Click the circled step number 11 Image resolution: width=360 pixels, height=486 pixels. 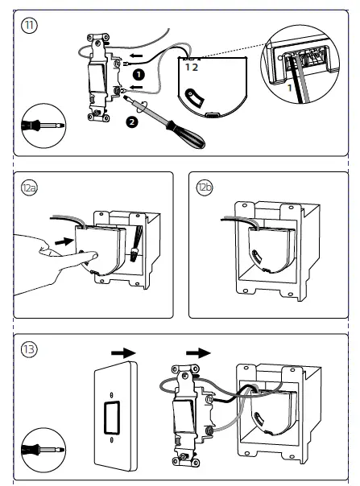pos(29,26)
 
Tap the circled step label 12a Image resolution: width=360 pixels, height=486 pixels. pos(29,187)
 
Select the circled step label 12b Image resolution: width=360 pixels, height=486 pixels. pos(205,187)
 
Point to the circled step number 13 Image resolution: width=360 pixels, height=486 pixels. pos(29,349)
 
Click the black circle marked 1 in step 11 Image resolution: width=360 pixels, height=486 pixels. pos(139,75)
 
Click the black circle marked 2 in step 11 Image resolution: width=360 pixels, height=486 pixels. pos(132,121)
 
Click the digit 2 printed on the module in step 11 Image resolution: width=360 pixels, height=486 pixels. pos(195,68)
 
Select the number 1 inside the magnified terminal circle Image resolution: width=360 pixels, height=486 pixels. pos(290,88)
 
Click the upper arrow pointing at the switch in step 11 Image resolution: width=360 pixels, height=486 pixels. pos(136,56)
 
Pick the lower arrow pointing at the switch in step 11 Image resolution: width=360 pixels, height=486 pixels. pos(136,87)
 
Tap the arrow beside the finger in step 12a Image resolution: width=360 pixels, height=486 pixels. pos(64,241)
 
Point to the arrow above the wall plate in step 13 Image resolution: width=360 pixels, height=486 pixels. pos(123,353)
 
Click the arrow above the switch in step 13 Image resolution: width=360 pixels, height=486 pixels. pos(199,353)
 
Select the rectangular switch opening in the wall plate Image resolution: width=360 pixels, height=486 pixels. pos(111,417)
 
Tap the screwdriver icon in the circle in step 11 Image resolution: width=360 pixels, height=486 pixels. pos(43,126)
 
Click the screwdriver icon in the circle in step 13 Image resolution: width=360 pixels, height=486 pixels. pos(43,450)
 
